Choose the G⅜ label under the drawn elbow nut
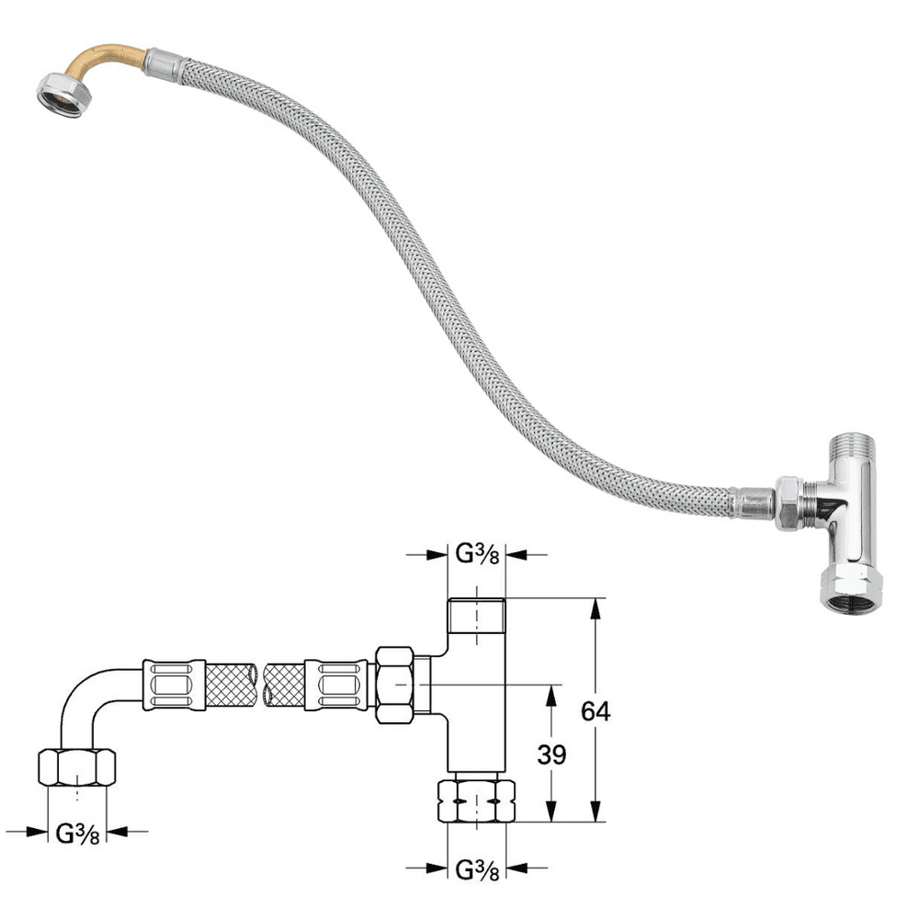[78, 833]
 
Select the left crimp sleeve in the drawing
[172, 685]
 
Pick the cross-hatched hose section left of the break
[230, 685]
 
